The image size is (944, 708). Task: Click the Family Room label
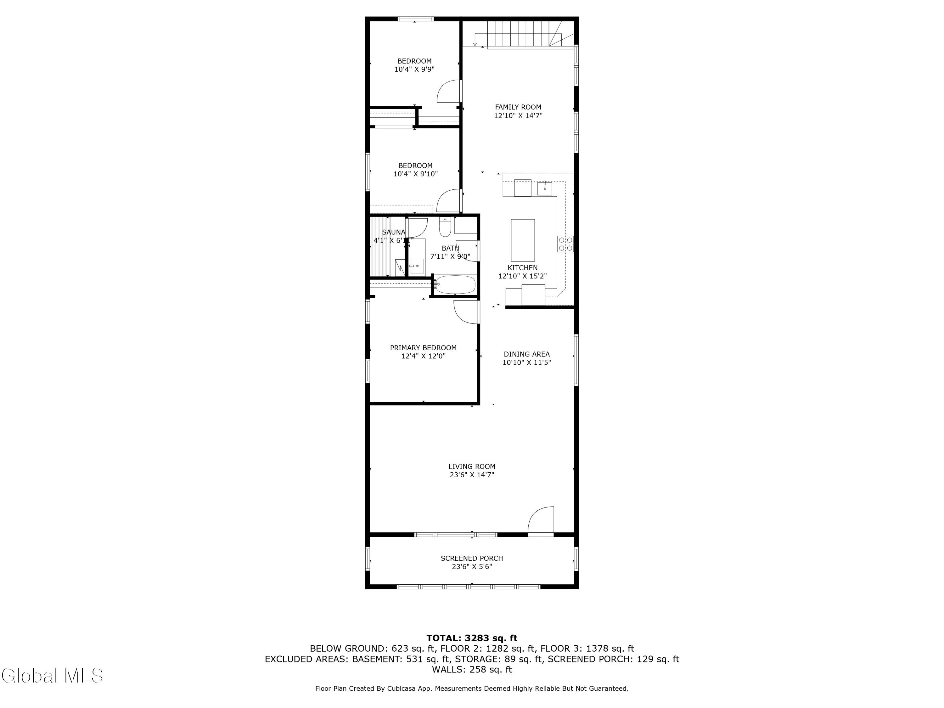(x=518, y=107)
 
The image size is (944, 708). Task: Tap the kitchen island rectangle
(x=522, y=240)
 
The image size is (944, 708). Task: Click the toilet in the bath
(x=445, y=228)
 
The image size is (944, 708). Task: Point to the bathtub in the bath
(x=455, y=285)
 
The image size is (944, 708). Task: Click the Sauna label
(x=393, y=232)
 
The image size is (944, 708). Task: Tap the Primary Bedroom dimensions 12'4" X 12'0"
(x=423, y=356)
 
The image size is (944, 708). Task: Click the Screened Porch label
(x=472, y=558)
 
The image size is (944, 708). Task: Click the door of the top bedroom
(x=448, y=91)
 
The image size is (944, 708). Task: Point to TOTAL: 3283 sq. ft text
(x=472, y=638)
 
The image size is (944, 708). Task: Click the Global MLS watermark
(x=52, y=676)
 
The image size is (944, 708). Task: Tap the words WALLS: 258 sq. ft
(x=472, y=670)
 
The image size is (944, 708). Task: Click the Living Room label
(x=472, y=466)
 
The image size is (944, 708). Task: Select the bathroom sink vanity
(x=417, y=266)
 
